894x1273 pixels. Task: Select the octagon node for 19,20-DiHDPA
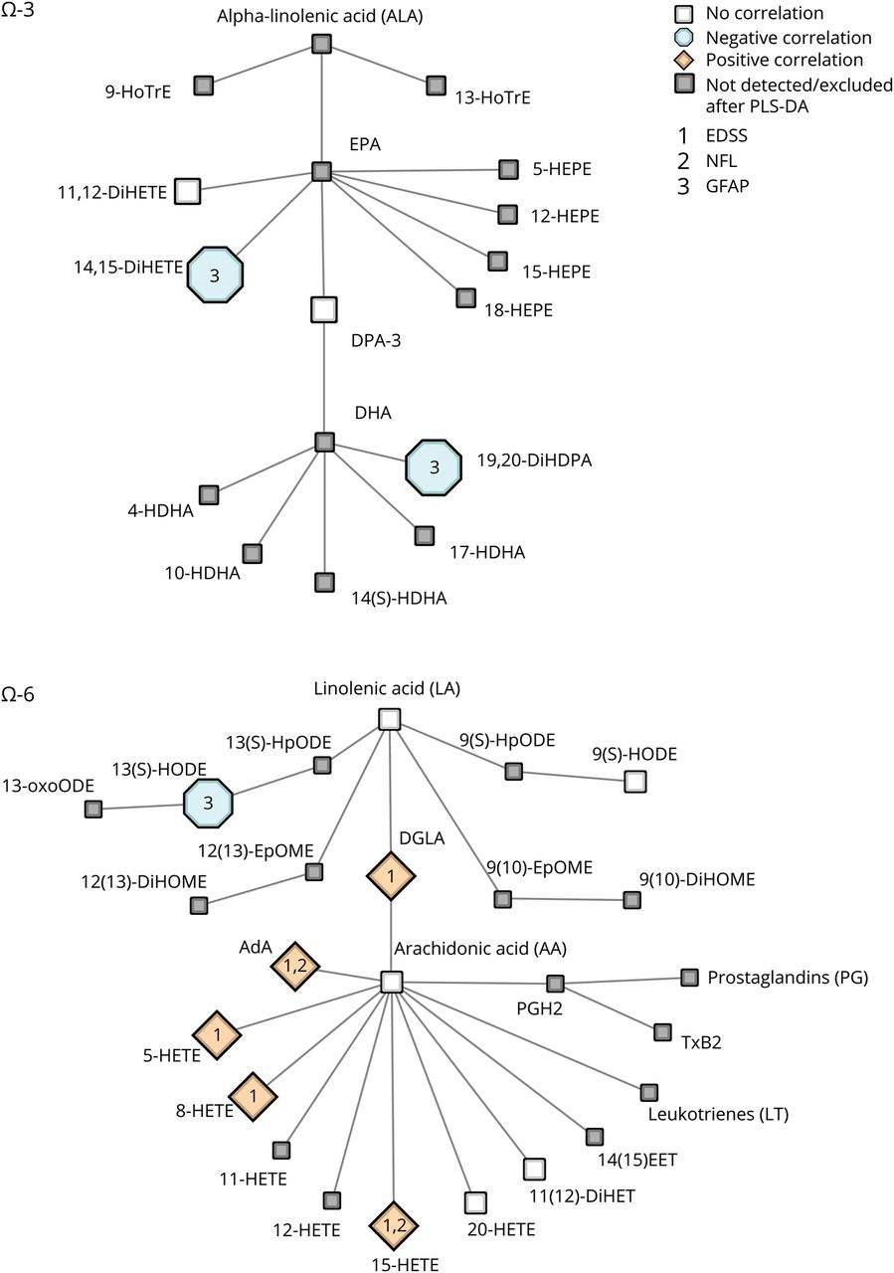point(434,465)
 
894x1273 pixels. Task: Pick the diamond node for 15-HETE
point(395,1224)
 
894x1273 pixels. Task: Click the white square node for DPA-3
point(322,309)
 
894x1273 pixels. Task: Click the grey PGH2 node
point(555,984)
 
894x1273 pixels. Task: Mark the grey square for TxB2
point(662,1032)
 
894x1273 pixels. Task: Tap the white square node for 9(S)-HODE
point(635,782)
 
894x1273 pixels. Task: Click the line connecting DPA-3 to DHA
point(322,378)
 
